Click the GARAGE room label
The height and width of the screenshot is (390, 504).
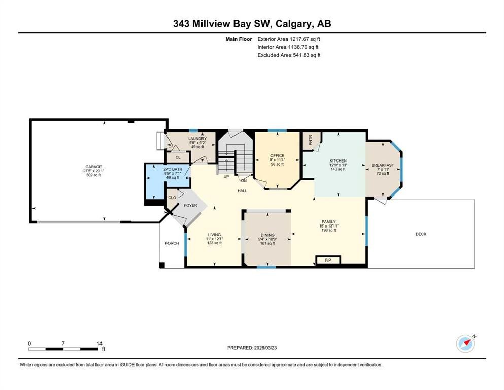click(x=93, y=167)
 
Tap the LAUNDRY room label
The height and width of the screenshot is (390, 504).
click(x=197, y=139)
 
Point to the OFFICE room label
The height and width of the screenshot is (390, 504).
click(x=277, y=156)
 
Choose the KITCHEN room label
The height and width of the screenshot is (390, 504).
click(x=338, y=161)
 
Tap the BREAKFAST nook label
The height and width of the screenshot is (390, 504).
click(x=383, y=165)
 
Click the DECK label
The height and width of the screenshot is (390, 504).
click(x=421, y=234)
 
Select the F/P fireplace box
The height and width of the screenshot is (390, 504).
click(x=327, y=261)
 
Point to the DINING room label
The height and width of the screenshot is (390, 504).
click(x=267, y=235)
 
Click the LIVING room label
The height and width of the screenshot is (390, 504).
click(x=214, y=235)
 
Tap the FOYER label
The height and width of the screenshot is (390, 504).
click(x=190, y=206)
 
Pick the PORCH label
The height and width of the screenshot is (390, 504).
click(x=172, y=243)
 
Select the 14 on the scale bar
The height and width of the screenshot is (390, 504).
click(x=99, y=343)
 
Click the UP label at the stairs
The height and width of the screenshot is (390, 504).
click(x=226, y=176)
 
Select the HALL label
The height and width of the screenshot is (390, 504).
click(x=242, y=191)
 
